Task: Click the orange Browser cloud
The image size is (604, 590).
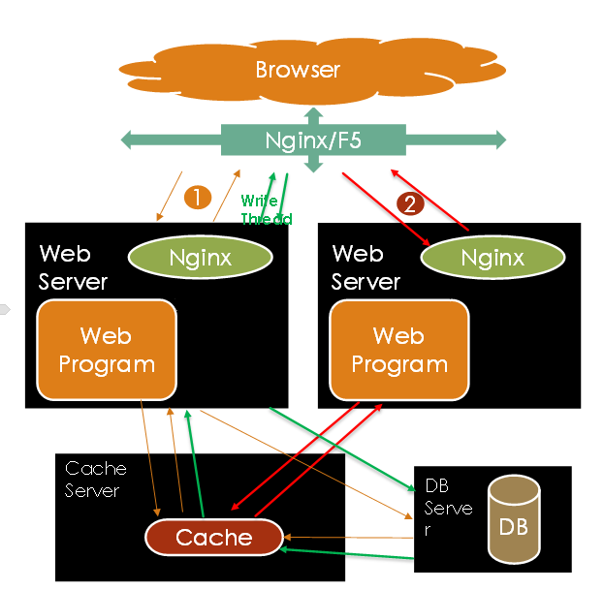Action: pyautogui.click(x=298, y=70)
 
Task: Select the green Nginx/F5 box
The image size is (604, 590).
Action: pyautogui.click(x=312, y=140)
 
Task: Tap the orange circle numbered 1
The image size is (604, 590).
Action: pyautogui.click(x=197, y=198)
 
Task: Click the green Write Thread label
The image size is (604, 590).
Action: pyautogui.click(x=265, y=209)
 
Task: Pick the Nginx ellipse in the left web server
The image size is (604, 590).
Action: pyautogui.click(x=200, y=258)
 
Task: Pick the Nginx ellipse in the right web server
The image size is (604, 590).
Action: pyautogui.click(x=493, y=258)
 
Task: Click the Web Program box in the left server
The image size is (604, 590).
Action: pyautogui.click(x=106, y=350)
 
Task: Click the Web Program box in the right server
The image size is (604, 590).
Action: pyautogui.click(x=398, y=350)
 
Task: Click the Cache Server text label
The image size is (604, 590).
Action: pyautogui.click(x=95, y=480)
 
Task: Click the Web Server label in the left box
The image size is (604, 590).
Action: pyautogui.click(x=73, y=267)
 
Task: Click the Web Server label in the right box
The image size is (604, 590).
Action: pyautogui.click(x=365, y=267)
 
